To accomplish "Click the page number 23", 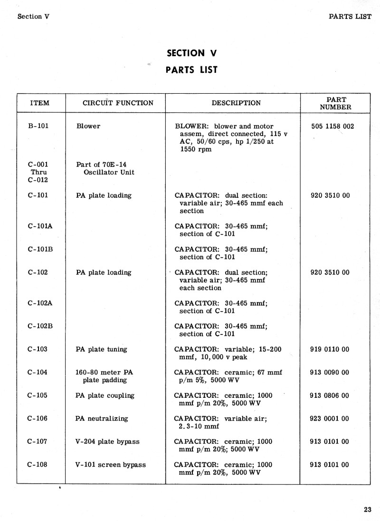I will click(367, 510).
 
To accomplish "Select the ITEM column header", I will click(40, 103).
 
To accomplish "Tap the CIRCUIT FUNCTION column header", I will click(118, 103).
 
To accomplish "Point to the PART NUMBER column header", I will click(335, 103).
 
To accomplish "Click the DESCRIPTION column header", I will click(236, 103).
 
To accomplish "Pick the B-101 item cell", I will click(38, 126).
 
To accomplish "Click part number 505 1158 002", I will click(332, 126).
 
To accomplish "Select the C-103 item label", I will click(38, 349).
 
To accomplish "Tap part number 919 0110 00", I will click(329, 349).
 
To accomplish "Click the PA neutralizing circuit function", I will click(102, 419).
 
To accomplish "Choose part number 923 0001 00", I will click(329, 419).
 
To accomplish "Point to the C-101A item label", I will click(40, 226).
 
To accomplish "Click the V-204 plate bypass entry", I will click(107, 442).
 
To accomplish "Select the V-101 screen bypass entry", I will click(111, 464).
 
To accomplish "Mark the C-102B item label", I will click(40, 326).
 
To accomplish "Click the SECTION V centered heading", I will click(191, 53).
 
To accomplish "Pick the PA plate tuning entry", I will click(101, 349).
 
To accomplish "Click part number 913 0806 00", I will click(329, 395).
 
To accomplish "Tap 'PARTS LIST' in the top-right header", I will click(350, 16).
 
